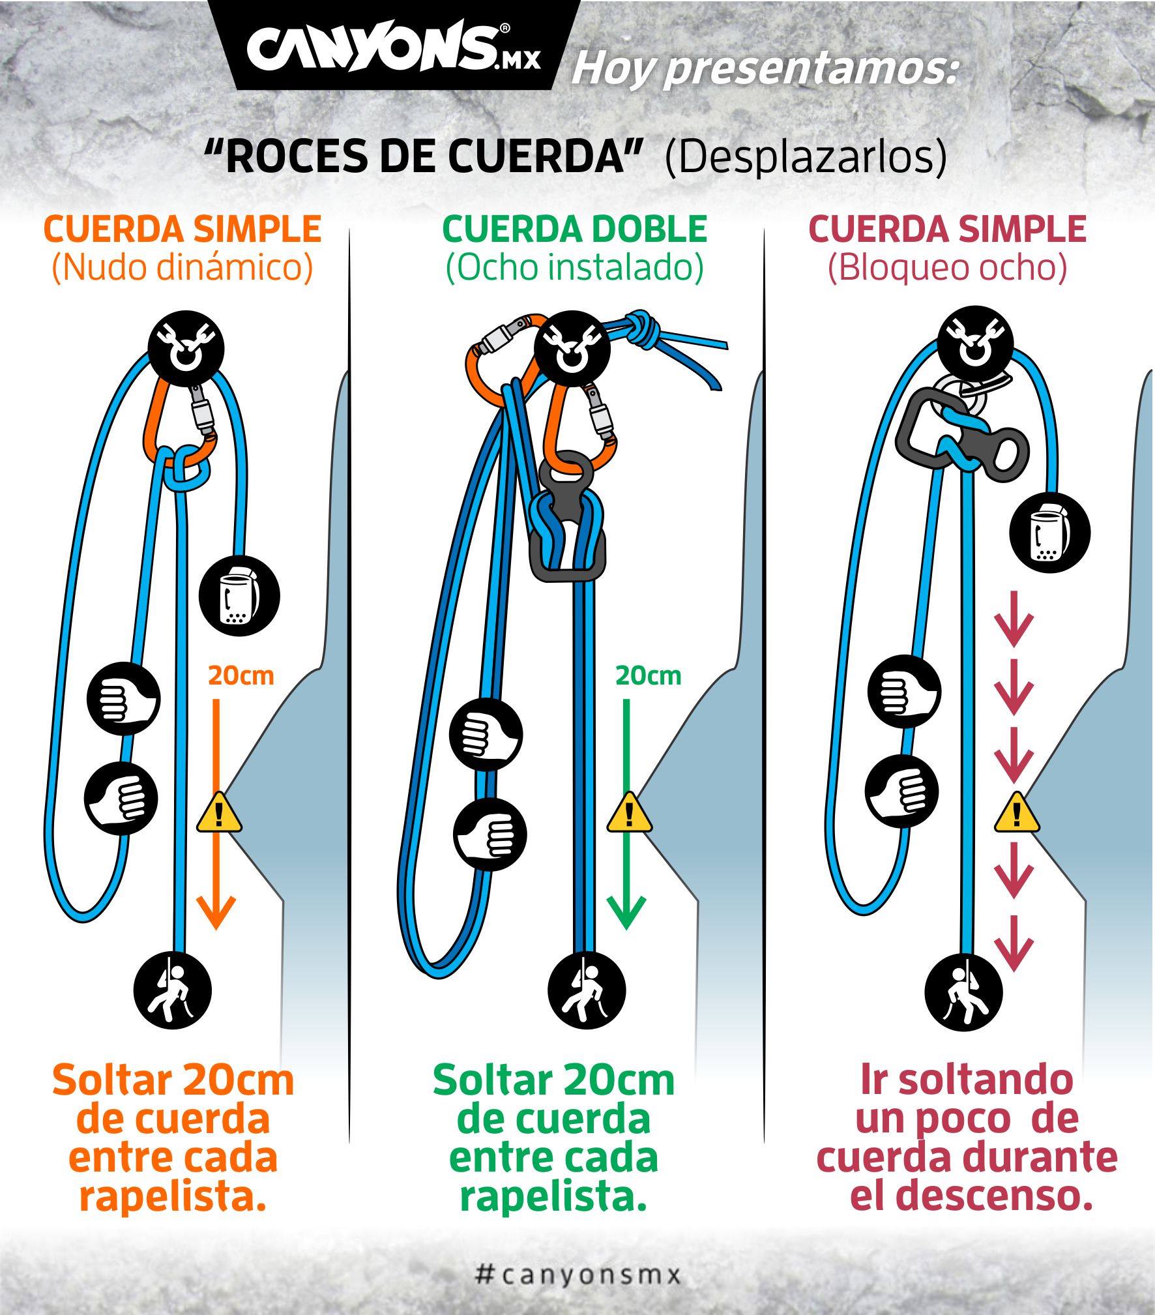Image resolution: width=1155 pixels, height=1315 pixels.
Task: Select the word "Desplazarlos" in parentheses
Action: point(806,158)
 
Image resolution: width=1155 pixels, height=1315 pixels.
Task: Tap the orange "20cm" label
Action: point(241,675)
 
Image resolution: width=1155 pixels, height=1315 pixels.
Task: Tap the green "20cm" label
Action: point(649,675)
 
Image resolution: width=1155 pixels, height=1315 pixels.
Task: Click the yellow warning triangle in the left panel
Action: point(220,812)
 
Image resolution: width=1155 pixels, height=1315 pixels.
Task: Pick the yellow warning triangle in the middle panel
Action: point(629,812)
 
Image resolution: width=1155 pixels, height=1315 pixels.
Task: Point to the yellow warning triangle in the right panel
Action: point(1016,812)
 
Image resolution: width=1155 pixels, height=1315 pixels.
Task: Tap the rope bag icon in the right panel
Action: point(1049,532)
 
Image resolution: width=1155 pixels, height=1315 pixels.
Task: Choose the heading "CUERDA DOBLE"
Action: point(575,229)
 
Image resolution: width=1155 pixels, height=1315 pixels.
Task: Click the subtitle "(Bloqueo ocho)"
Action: point(947,267)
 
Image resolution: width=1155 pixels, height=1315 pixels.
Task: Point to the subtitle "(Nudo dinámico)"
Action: point(183,267)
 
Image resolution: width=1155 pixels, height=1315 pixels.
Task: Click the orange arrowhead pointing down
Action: point(216,912)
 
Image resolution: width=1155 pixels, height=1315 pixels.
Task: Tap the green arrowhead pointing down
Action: point(626,912)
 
